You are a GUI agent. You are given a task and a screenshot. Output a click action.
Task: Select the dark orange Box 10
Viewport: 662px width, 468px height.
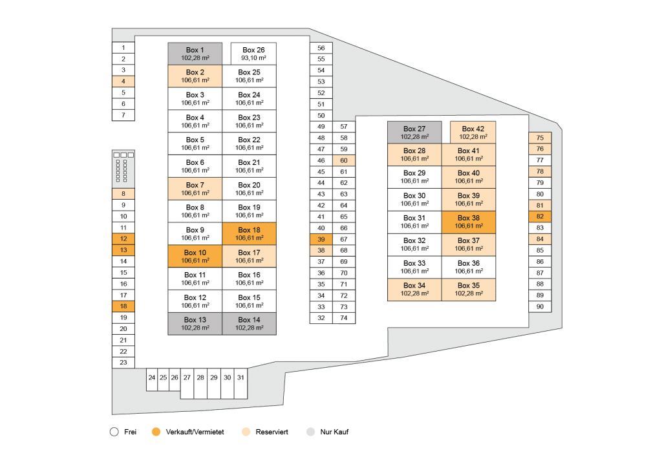pyautogui.click(x=195, y=256)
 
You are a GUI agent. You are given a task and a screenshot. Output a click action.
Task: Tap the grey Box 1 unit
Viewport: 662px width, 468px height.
pyautogui.click(x=195, y=54)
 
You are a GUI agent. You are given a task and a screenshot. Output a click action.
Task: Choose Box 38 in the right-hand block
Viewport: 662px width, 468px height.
pyautogui.click(x=469, y=222)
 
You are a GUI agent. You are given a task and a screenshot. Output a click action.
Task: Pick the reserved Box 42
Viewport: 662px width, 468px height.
pyautogui.click(x=473, y=133)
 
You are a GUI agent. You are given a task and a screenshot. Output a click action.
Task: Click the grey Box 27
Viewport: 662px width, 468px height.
pyautogui.click(x=414, y=133)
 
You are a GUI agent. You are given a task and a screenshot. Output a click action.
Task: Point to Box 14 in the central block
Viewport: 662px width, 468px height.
pyautogui.click(x=249, y=323)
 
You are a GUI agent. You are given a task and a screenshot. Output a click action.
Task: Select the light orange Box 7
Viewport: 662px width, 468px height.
pyautogui.click(x=195, y=189)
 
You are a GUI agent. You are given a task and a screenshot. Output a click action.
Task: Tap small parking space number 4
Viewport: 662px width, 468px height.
pyautogui.click(x=123, y=81)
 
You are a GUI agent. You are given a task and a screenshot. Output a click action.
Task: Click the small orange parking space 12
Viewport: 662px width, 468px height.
pyautogui.click(x=123, y=239)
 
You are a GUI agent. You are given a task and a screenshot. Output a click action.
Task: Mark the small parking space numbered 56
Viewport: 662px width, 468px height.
pyautogui.click(x=321, y=48)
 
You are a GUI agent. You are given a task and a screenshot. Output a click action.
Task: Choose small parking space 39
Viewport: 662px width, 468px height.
pyautogui.click(x=321, y=239)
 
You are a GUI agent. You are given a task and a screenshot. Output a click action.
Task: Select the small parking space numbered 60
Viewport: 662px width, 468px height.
pyautogui.click(x=344, y=160)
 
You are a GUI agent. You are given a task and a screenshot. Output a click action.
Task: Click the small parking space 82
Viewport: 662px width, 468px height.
pyautogui.click(x=540, y=217)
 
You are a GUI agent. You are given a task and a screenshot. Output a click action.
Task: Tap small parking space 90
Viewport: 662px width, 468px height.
pyautogui.click(x=540, y=306)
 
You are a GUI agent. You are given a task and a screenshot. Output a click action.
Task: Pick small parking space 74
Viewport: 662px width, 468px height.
pyautogui.click(x=344, y=318)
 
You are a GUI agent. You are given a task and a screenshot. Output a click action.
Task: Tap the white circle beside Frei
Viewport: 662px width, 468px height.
pyautogui.click(x=114, y=432)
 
